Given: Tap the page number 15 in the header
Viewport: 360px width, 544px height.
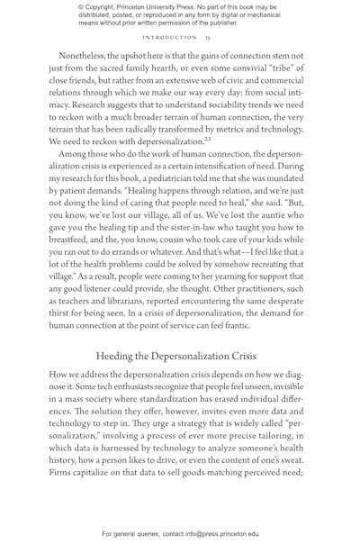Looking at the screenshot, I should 207,38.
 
